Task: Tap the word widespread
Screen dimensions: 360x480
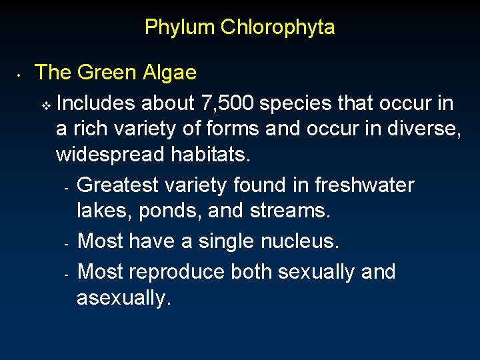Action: coord(111,155)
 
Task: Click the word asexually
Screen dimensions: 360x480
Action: coord(124,298)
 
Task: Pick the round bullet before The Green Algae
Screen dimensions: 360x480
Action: coord(21,75)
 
